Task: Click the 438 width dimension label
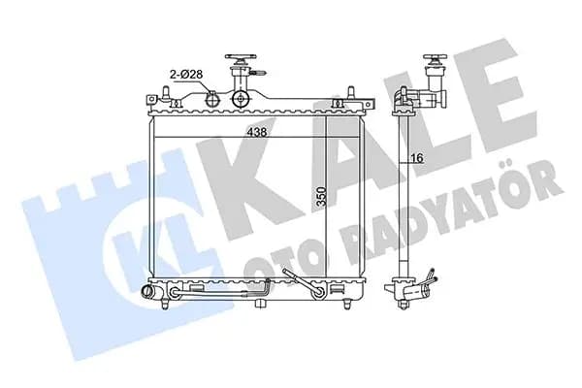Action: [257, 132]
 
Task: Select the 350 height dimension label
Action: [321, 197]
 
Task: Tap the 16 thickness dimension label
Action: [417, 158]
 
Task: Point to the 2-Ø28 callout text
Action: [186, 75]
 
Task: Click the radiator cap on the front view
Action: [241, 59]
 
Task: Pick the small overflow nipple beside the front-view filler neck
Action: [259, 74]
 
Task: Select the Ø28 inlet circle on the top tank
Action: [212, 100]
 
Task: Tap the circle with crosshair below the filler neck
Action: [241, 99]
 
